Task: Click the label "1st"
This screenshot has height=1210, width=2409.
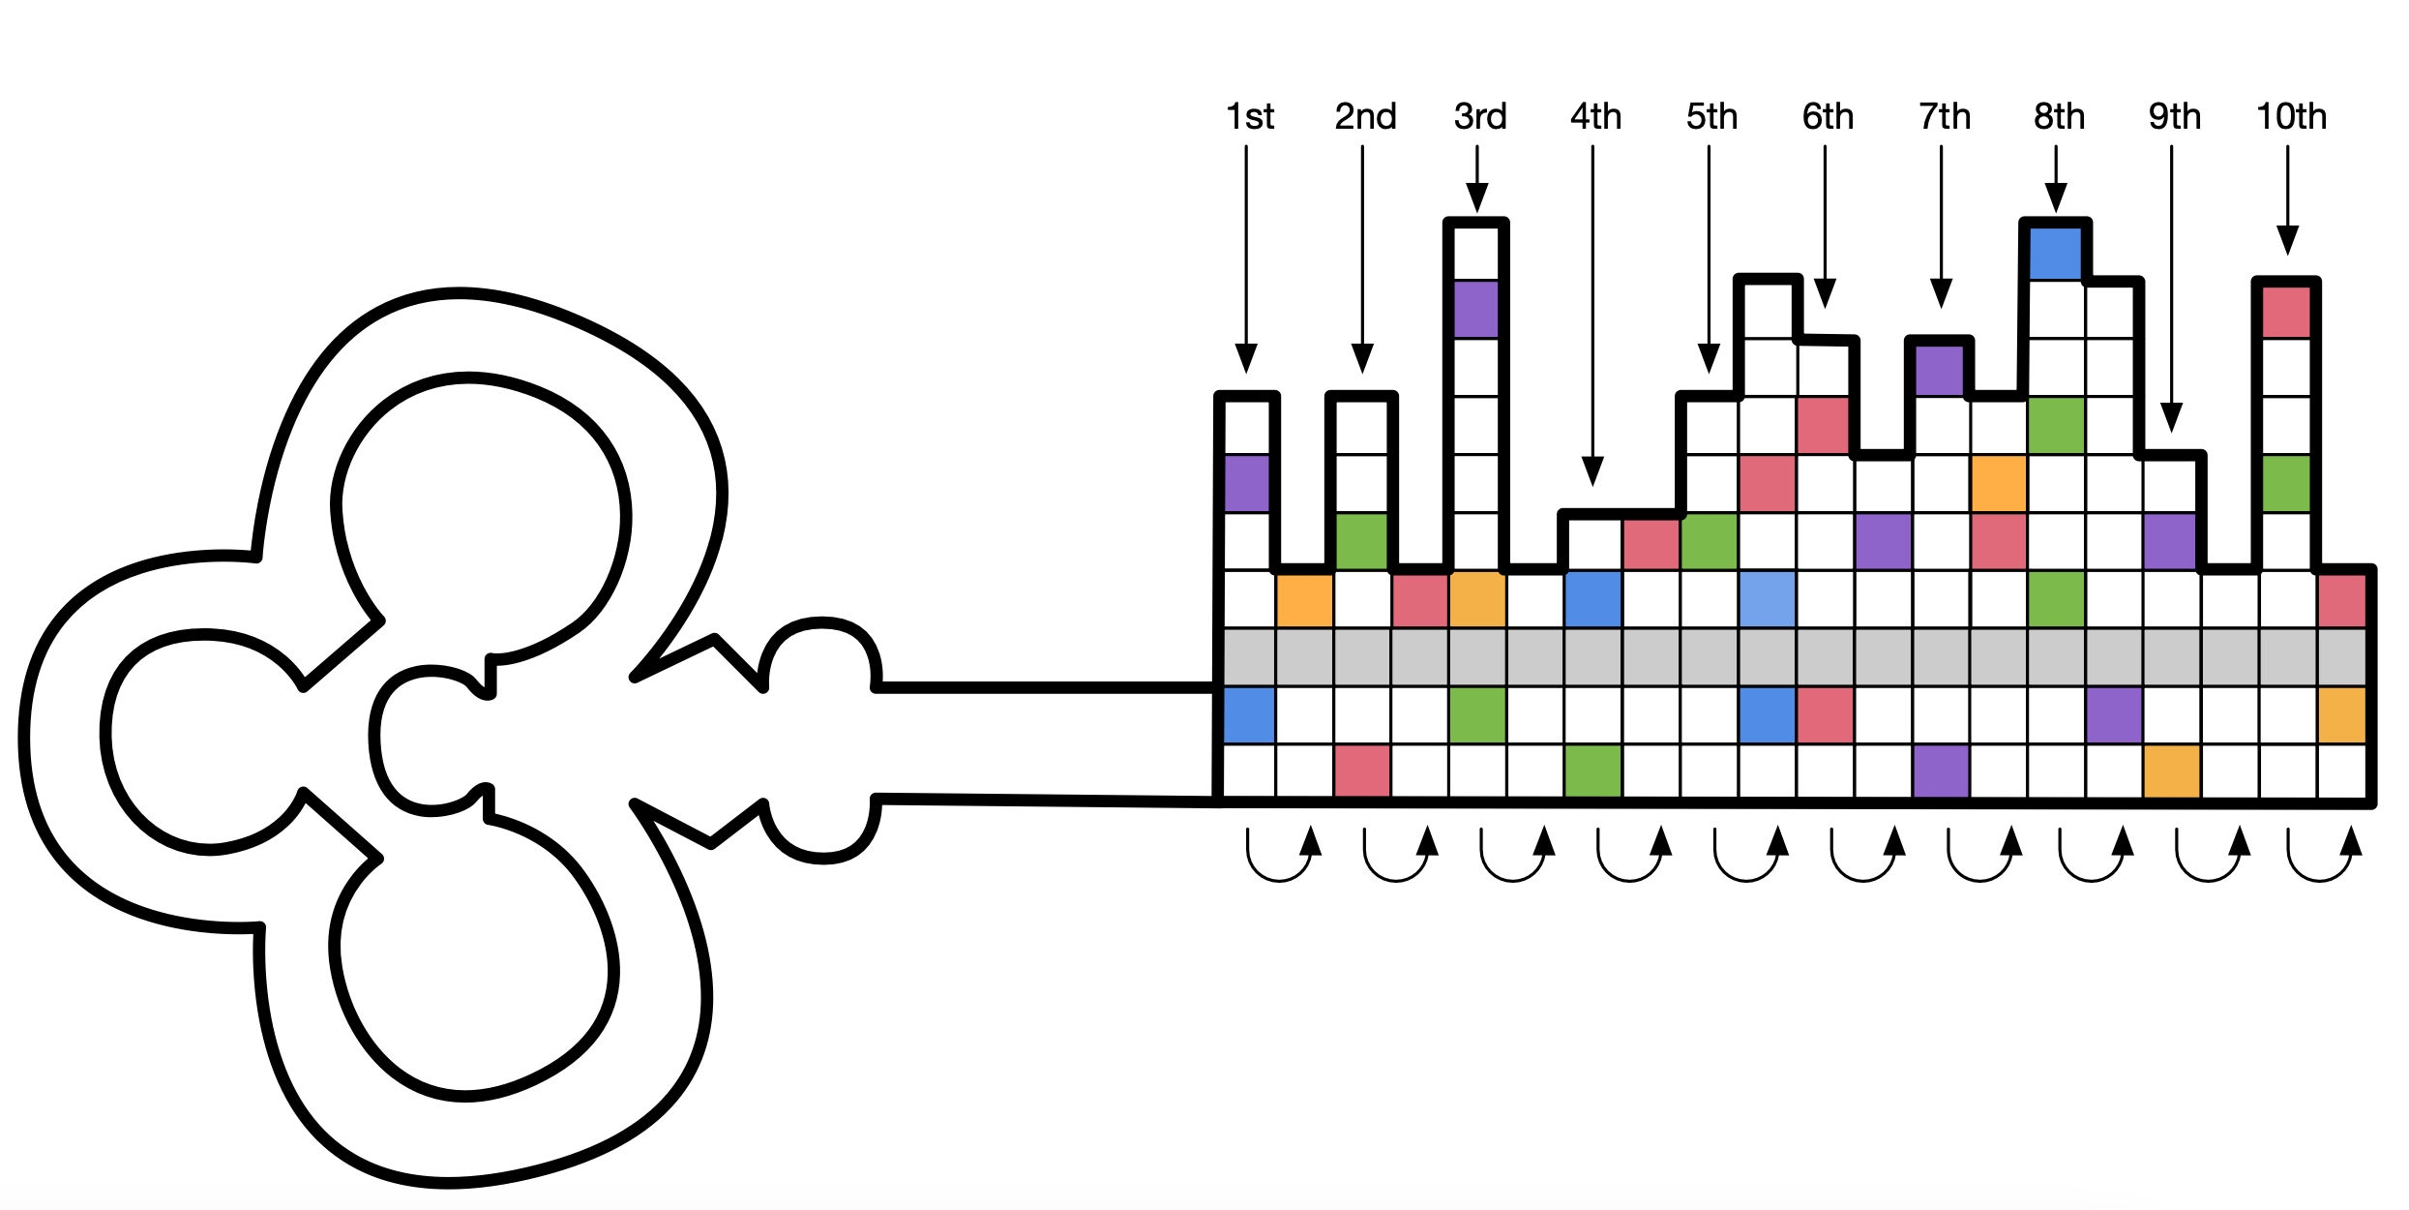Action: point(1249,117)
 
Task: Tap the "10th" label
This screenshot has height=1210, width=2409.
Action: point(2290,117)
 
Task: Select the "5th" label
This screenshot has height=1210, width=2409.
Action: point(1710,117)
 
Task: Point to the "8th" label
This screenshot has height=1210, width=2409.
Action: point(2058,117)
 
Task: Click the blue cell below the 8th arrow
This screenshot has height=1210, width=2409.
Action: point(2055,253)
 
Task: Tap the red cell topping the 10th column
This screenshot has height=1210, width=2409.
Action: point(2286,311)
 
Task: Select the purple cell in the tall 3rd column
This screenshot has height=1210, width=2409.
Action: point(1476,310)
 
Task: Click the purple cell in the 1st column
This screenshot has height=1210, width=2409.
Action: point(1247,483)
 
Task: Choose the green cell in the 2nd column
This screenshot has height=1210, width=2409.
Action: point(1361,541)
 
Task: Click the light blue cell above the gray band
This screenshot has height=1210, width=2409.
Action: point(1767,599)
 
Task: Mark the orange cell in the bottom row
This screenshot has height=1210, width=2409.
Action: point(2171,771)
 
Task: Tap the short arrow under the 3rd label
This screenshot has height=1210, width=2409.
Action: point(1476,178)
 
